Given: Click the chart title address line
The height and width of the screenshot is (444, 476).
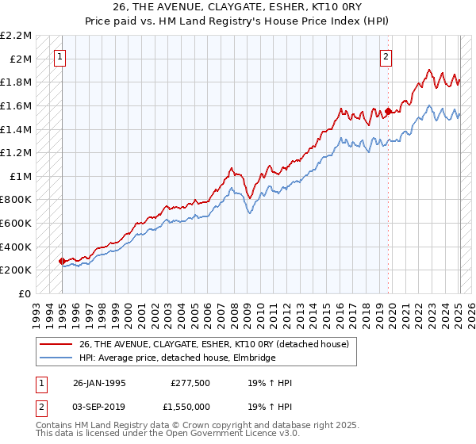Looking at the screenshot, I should (x=238, y=7).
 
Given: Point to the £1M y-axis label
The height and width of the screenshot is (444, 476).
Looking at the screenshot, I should (x=21, y=176).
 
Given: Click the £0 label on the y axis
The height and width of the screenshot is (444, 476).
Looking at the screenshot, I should (x=25, y=293).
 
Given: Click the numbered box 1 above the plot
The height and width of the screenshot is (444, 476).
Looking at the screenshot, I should (x=61, y=56).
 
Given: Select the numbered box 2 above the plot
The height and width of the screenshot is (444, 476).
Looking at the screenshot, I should (x=386, y=56).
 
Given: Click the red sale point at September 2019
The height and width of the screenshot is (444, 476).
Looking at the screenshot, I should (x=388, y=111).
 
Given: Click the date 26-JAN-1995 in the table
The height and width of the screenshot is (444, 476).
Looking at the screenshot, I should (x=99, y=383).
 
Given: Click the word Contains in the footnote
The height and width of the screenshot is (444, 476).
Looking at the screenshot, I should (x=55, y=426).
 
